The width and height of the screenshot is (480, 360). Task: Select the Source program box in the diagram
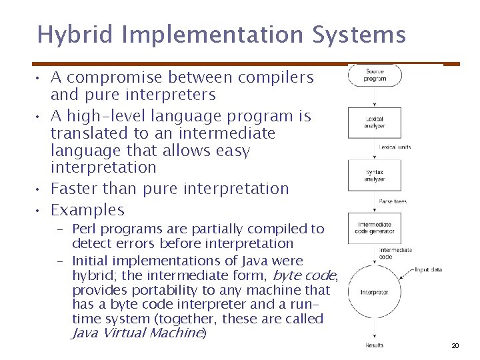click(x=375, y=75)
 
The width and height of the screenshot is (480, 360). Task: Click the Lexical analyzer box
click(x=375, y=122)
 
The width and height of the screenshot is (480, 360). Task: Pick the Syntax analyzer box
click(x=375, y=175)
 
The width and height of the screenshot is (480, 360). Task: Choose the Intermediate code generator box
click(x=375, y=228)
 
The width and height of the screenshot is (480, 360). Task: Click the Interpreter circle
click(x=375, y=292)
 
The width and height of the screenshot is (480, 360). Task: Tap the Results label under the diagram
click(x=375, y=345)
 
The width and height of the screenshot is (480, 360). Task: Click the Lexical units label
click(x=395, y=147)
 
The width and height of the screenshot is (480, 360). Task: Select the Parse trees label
click(x=393, y=201)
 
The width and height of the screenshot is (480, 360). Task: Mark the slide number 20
click(x=455, y=345)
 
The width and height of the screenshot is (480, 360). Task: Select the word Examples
click(x=87, y=210)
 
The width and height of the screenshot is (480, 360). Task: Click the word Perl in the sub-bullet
click(x=83, y=229)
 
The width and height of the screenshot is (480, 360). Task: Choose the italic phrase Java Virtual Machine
click(x=137, y=333)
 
